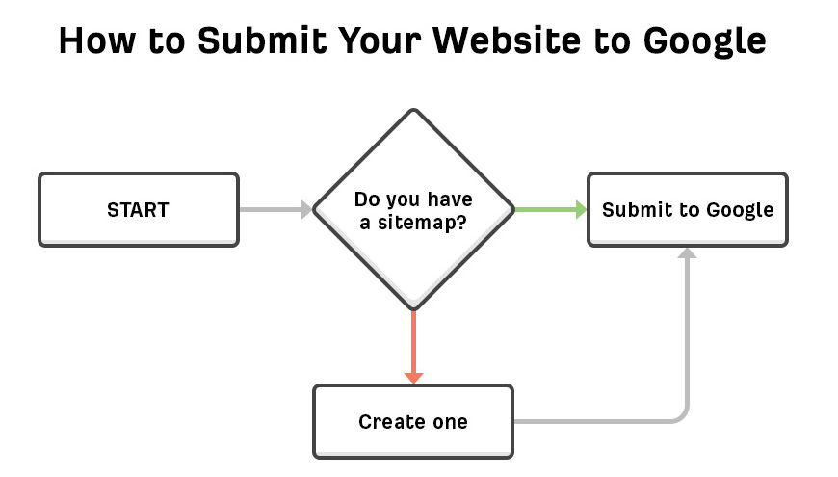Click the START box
pos(138,209)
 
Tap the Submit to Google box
pos(687,209)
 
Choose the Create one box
pos(412,422)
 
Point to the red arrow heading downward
pos(413,342)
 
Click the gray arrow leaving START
pos(275,209)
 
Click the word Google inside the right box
pos(740,210)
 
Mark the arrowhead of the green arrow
pos(581,209)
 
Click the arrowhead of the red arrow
pos(413,376)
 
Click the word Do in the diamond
pos(366,199)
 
